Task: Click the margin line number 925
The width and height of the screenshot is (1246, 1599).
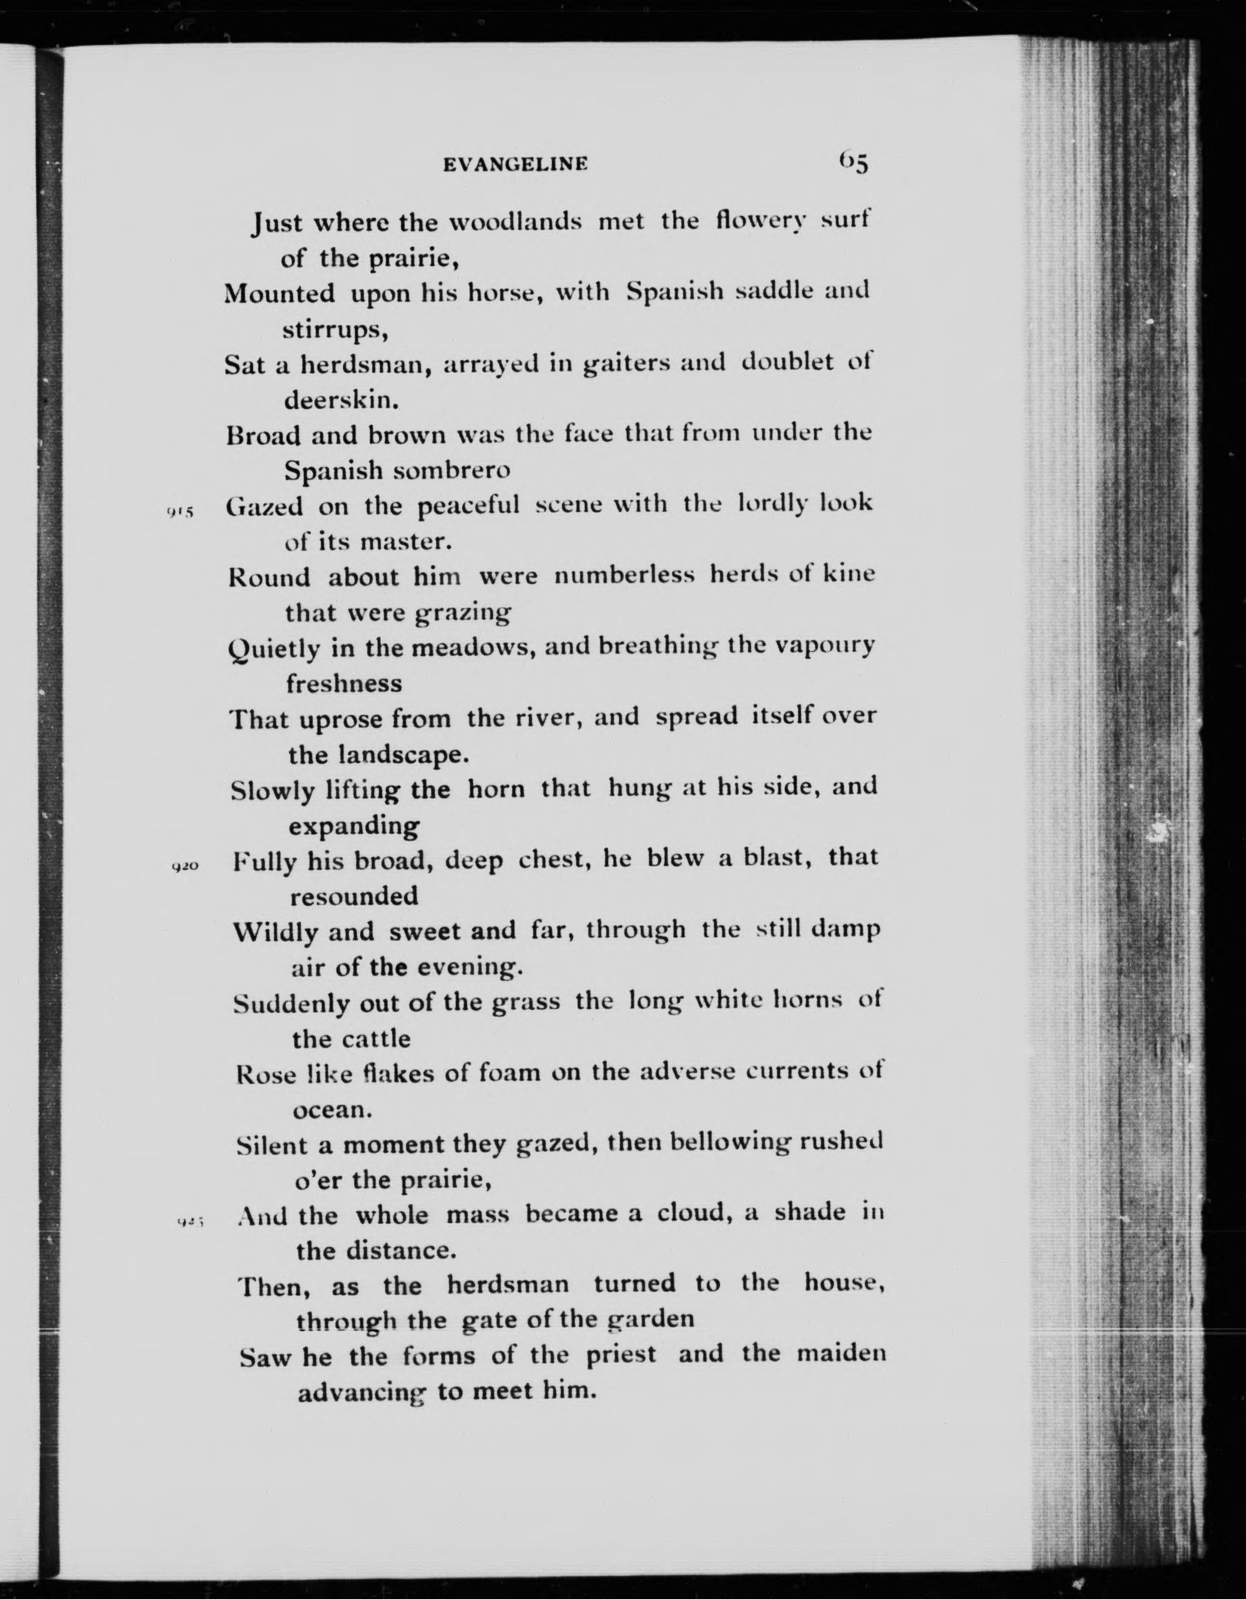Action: [x=190, y=1221]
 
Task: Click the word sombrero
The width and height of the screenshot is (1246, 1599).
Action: [x=452, y=471]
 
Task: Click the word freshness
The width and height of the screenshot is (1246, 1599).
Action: [x=344, y=684]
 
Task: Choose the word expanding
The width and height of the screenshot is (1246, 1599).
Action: [x=354, y=826]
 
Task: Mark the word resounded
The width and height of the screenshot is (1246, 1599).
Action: [x=354, y=896]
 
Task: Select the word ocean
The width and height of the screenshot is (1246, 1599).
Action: [x=332, y=1110]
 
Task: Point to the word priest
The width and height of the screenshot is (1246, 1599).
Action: [x=621, y=1355]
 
